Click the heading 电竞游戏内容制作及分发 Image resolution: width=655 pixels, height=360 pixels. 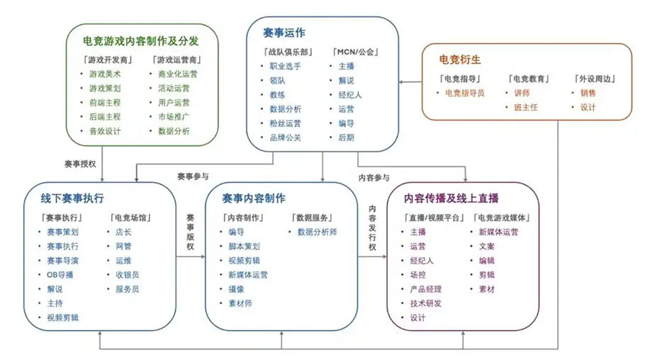point(141,41)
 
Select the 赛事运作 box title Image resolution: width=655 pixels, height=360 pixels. point(284,33)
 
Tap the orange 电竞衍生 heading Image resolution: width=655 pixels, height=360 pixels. point(460,60)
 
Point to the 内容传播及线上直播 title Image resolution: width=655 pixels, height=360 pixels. point(451,198)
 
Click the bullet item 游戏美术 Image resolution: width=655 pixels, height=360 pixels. point(105,74)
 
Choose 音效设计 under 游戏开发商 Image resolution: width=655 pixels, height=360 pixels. point(105,131)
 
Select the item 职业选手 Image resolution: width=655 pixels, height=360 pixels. point(285,66)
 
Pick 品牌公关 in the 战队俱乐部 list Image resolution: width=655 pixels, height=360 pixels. point(285,137)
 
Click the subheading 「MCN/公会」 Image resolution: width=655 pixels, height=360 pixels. point(355,52)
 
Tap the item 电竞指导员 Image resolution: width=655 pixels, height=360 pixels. point(465,93)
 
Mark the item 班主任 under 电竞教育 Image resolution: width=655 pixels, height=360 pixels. point(526,107)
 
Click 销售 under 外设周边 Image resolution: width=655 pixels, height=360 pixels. point(588,93)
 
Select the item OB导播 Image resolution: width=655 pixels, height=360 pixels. point(60,275)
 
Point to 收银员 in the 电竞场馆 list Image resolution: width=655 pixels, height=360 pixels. point(128,275)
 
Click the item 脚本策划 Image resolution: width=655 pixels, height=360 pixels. point(244,247)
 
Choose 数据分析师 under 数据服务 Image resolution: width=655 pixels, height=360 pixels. point(317,232)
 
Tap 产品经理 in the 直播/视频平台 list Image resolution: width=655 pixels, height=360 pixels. point(425,289)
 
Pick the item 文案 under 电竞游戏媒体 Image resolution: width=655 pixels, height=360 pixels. point(487,247)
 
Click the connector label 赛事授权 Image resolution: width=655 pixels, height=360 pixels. point(80,164)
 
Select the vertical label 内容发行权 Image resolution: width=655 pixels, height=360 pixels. point(372,227)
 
